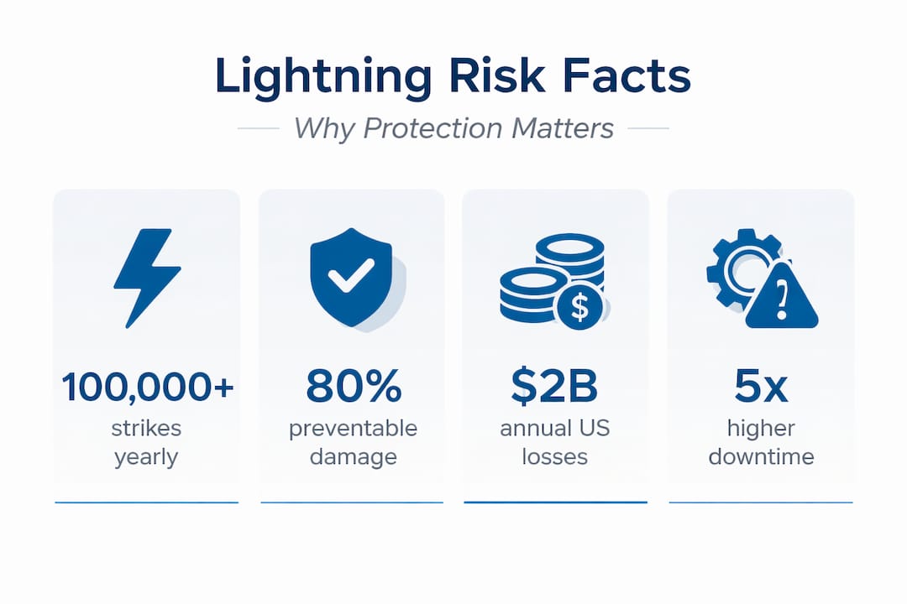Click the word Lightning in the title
click(323, 76)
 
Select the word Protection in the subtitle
click(431, 128)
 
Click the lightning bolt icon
click(146, 278)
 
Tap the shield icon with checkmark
click(350, 278)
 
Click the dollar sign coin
click(579, 305)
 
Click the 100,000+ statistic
click(147, 387)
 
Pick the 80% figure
click(353, 387)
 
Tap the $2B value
click(554, 387)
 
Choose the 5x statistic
click(761, 387)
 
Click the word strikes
click(146, 429)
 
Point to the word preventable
click(353, 429)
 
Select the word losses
click(554, 457)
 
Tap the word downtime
click(761, 457)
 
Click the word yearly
click(146, 457)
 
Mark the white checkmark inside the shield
click(350, 276)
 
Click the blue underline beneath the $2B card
click(555, 502)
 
